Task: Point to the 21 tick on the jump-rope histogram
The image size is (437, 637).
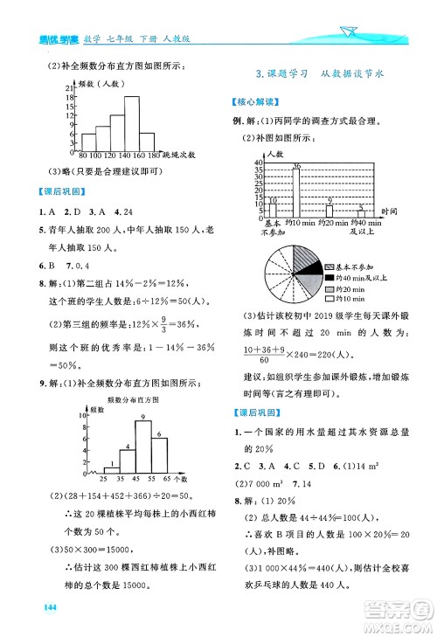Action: coord(68,87)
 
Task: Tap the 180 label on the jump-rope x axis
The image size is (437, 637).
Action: coord(154,156)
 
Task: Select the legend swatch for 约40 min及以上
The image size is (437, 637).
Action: coord(329,277)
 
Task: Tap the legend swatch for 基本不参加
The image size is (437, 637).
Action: coord(329,267)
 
